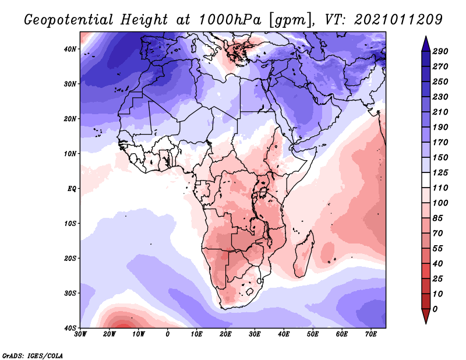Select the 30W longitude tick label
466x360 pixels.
coord(80,334)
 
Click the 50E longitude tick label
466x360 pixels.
coord(313,334)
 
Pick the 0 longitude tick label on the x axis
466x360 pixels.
coord(168,334)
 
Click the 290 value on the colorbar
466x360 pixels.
coord(440,52)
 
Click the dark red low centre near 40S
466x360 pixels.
coord(121,324)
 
